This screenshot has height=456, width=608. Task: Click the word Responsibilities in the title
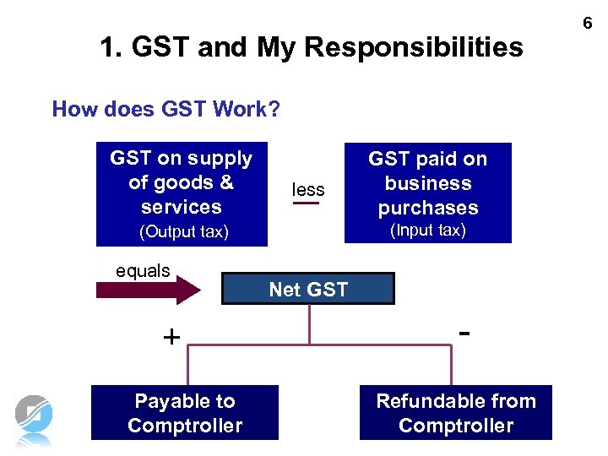[x=414, y=47]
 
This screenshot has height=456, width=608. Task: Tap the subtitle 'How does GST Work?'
[x=166, y=109]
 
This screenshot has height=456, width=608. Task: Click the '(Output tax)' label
[x=183, y=231]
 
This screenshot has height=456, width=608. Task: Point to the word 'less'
[x=308, y=189]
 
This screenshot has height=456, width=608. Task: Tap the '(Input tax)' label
[x=427, y=231]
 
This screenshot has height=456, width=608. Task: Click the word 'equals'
[x=143, y=271]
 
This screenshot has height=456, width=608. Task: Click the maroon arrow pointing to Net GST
[x=149, y=290]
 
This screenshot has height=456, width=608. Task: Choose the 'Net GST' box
[x=308, y=289]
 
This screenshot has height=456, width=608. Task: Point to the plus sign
[x=171, y=338]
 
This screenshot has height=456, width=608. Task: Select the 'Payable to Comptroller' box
[x=185, y=413]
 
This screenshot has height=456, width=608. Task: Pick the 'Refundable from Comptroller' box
[x=456, y=413]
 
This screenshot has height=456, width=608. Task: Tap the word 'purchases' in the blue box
[x=428, y=208]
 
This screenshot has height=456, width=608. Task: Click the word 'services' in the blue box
[x=182, y=207]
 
